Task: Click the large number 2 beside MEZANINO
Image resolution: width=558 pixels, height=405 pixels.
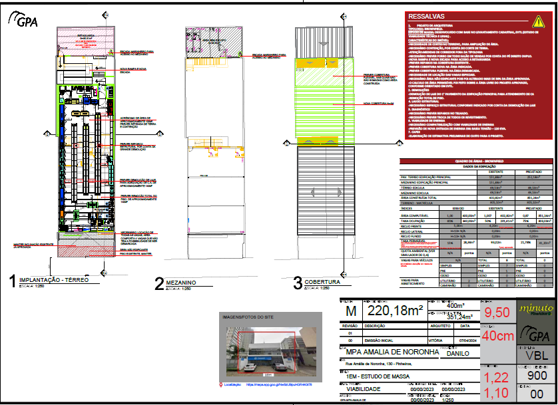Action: click(x=159, y=303)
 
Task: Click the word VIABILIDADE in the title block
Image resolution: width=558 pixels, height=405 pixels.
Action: click(x=363, y=390)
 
